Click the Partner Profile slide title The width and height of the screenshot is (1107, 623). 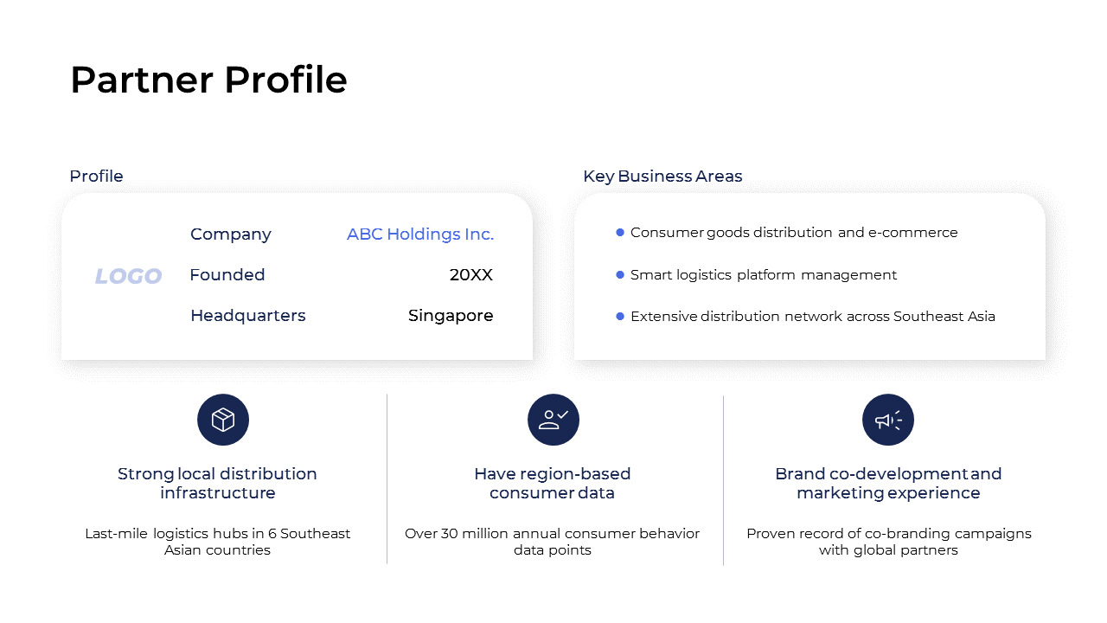pos(208,80)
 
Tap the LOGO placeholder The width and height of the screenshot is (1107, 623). pos(128,276)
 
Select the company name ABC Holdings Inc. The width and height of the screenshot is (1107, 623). pos(420,234)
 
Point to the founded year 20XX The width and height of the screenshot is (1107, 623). pos(470,275)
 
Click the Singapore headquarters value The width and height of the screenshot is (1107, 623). pos(451,316)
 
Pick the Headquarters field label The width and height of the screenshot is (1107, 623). pos(248,316)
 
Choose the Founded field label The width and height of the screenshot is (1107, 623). pos(227,275)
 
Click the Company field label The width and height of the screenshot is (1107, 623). pos(231,234)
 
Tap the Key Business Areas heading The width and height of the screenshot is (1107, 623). pos(662,177)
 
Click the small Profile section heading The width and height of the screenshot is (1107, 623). pos(96,177)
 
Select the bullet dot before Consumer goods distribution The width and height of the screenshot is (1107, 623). pos(620,232)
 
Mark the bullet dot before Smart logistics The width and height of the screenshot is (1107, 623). pos(620,274)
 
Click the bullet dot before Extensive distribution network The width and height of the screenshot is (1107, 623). pos(620,316)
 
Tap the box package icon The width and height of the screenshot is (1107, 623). pos(223,420)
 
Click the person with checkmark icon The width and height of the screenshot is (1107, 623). pos(553,420)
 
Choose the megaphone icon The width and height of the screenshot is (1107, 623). pos(888,420)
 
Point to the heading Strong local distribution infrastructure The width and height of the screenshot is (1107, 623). pos(217,483)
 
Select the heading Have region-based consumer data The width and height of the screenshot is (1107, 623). pos(553,483)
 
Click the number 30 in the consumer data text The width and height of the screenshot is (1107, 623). pos(450,534)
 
